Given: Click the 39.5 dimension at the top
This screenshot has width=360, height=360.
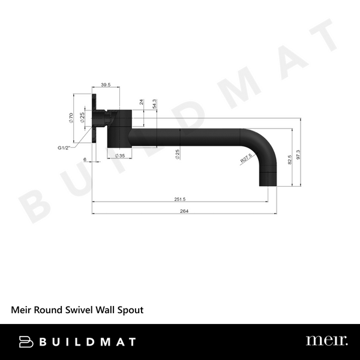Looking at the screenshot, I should pyautogui.click(x=106, y=85).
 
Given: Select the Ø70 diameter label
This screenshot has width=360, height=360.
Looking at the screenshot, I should pyautogui.click(x=71, y=118).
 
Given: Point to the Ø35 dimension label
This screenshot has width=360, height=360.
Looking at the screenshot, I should pyautogui.click(x=120, y=155).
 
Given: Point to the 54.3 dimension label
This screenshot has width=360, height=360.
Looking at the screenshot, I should pyautogui.click(x=155, y=104).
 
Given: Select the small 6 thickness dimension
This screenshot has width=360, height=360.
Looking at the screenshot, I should pyautogui.click(x=85, y=159).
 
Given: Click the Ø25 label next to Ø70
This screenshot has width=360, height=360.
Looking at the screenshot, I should pyautogui.click(x=82, y=118).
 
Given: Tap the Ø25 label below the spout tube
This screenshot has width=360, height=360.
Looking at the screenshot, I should pyautogui.click(x=178, y=154).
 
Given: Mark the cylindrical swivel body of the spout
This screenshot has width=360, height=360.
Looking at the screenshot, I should pyautogui.click(x=120, y=128).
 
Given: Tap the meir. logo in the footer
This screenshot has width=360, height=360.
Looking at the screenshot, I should pyautogui.click(x=326, y=341).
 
